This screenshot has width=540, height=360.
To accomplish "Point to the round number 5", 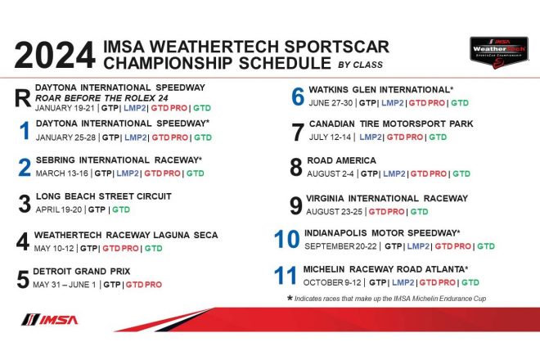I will coord(24,279).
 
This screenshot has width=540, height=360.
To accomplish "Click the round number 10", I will coord(287,239).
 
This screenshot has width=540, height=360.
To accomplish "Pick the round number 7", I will coord(297,131).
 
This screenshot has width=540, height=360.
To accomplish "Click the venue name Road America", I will coord(342,160).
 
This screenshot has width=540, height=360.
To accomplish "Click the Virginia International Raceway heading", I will coord(387,198).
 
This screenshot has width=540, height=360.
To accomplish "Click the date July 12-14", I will coord(327,137).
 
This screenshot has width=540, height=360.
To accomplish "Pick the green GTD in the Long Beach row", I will coord(119,209).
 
